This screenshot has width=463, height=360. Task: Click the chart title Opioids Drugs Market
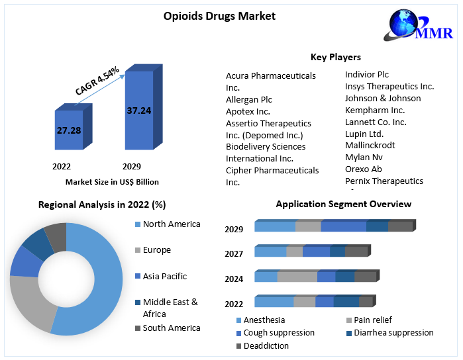point(219,16)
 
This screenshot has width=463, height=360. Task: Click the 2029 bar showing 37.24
point(138,111)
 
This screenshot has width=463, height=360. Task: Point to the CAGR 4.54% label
point(97,81)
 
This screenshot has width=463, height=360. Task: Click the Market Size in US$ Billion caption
point(112,181)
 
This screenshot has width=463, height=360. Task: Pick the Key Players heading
point(336,57)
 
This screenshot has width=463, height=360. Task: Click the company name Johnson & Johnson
point(382,98)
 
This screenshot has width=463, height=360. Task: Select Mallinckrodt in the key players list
point(370,145)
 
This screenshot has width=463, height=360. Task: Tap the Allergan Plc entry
point(248,99)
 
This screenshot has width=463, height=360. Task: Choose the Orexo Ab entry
point(364,169)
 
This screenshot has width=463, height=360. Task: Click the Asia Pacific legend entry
point(165,276)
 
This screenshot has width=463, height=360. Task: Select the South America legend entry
point(171,328)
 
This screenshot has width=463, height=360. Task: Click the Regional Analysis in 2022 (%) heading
point(102,204)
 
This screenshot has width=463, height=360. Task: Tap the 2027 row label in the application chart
point(234,253)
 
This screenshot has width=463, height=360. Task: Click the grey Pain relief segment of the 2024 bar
point(297,277)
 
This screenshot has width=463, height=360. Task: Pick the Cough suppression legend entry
point(279,332)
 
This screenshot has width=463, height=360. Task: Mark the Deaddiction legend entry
point(266,345)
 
